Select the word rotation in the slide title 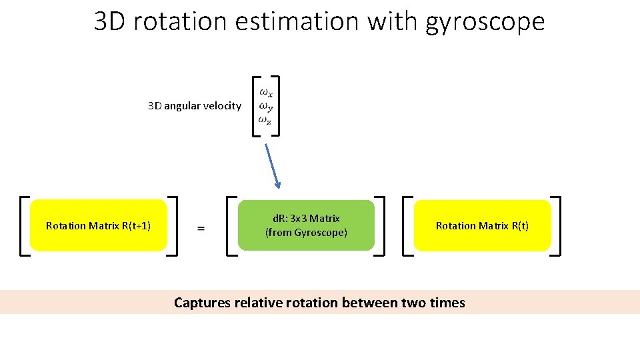point(175,22)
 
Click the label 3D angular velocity point(194,105)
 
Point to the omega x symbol point(265,93)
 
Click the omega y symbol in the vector point(265,106)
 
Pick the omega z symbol point(265,120)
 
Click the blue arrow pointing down point(273,167)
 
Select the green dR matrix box point(306,225)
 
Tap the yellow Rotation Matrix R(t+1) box point(98,225)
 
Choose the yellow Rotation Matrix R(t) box point(482,225)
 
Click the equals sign point(201,228)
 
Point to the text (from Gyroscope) point(306,233)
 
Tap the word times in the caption point(447,303)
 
